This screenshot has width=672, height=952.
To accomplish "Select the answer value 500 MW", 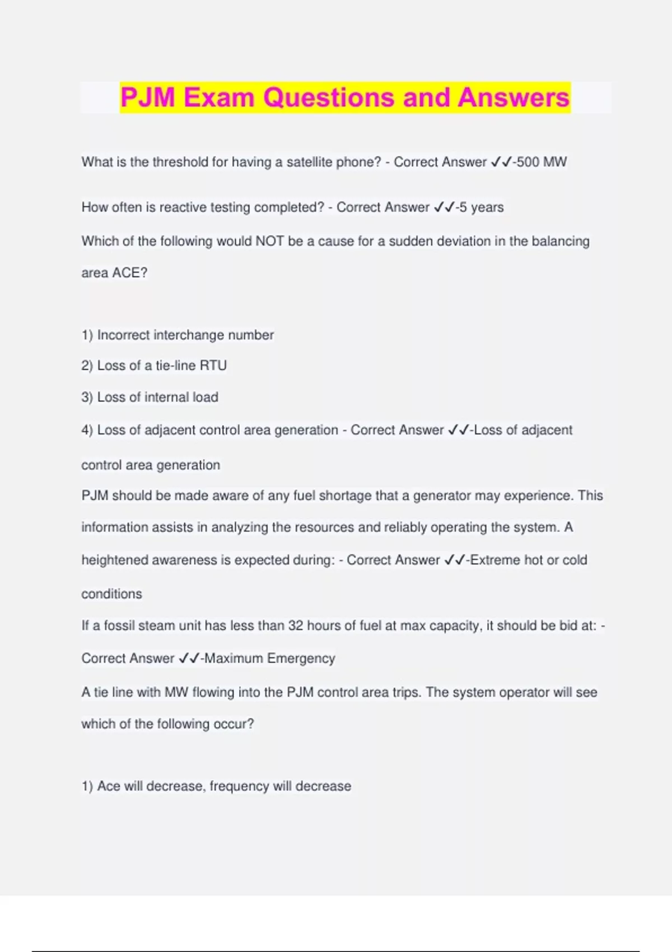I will pyautogui.click(x=542, y=162).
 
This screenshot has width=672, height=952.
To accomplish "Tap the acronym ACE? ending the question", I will pyautogui.click(x=129, y=273).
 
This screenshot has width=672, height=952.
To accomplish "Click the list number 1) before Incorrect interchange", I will pyautogui.click(x=87, y=335).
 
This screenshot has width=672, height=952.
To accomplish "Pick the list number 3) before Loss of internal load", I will pyautogui.click(x=87, y=397).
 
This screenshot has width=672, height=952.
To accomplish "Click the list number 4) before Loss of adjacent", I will pyautogui.click(x=87, y=430).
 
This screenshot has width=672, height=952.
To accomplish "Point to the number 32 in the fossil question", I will pyautogui.click(x=296, y=626).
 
